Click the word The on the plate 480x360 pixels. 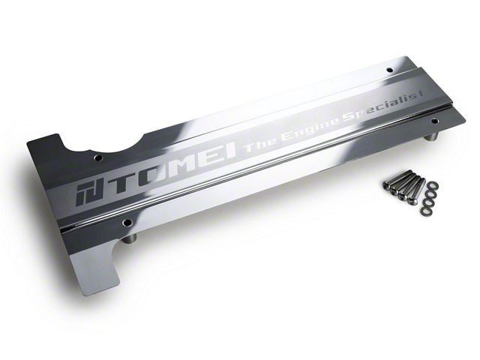pyautogui.click(x=259, y=145)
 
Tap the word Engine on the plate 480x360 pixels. pyautogui.click(x=310, y=129)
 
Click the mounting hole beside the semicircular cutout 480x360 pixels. pyautogui.click(x=98, y=158)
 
